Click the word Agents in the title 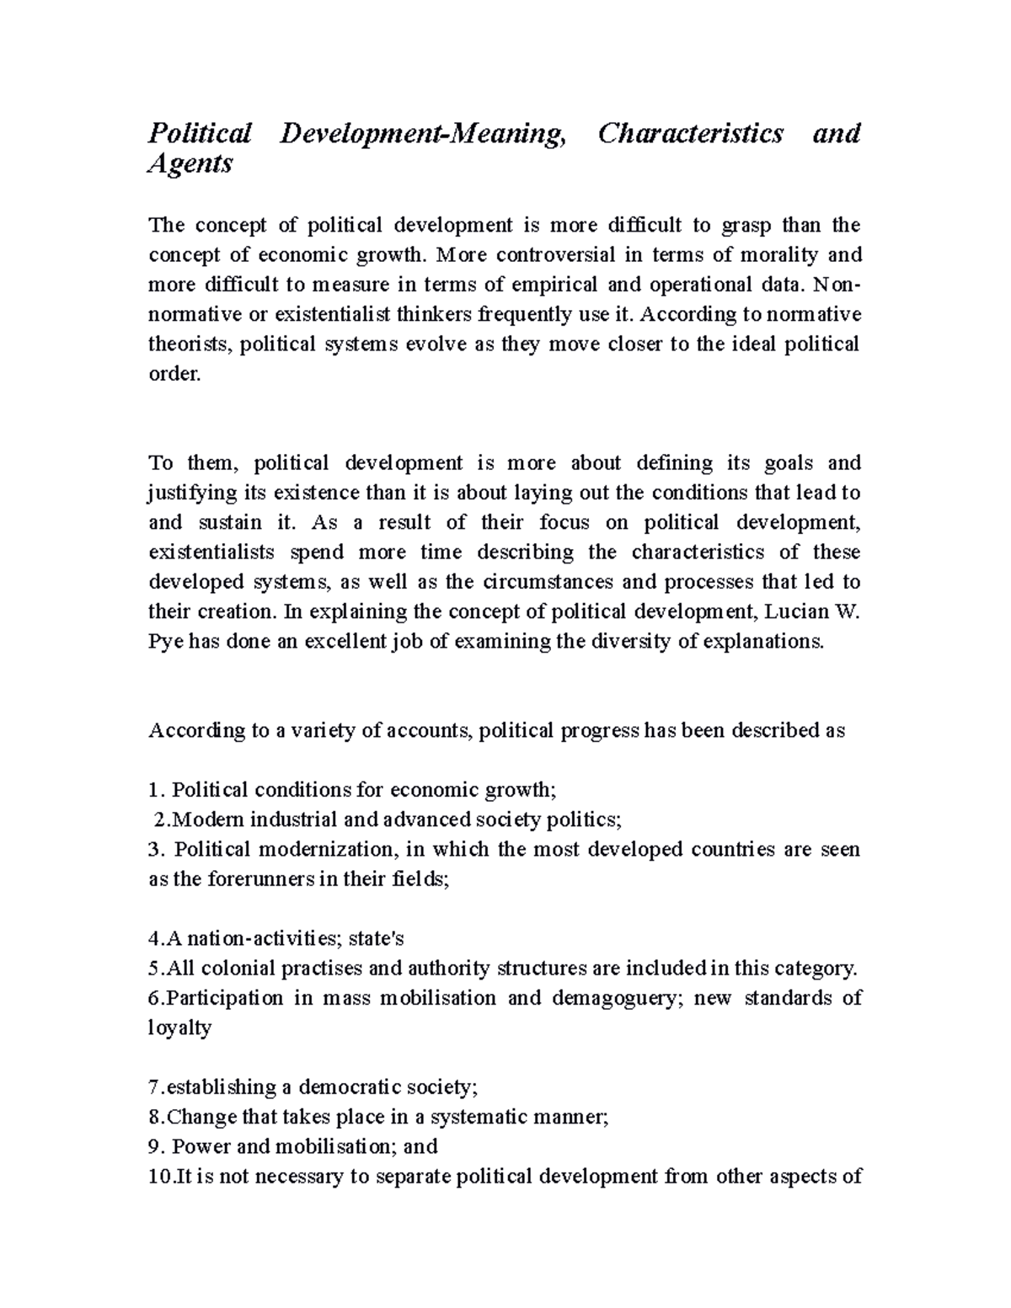pos(190,164)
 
